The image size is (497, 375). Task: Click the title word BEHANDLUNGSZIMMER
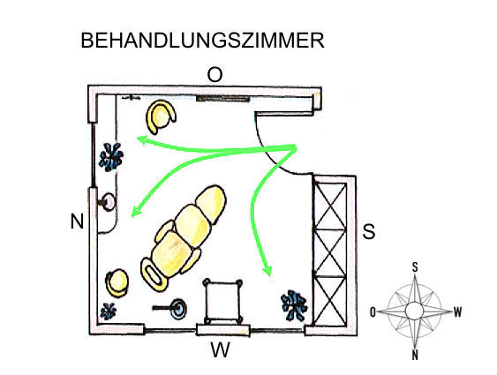(202, 41)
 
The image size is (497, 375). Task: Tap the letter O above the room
(215, 74)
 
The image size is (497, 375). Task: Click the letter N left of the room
(77, 221)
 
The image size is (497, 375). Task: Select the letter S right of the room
(369, 231)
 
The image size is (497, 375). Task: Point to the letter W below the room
(221, 349)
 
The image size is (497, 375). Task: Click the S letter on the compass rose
(415, 267)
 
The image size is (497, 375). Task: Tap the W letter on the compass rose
(457, 312)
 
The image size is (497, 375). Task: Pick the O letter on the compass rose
(373, 312)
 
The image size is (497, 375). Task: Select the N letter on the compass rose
(415, 355)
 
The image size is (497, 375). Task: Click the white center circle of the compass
(414, 311)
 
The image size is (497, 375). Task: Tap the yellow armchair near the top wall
(161, 116)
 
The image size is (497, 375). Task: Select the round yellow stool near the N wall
(117, 282)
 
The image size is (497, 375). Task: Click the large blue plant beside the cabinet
(294, 305)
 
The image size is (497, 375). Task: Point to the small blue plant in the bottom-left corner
(108, 311)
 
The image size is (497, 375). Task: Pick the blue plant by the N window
(110, 157)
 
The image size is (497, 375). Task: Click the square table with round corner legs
(222, 300)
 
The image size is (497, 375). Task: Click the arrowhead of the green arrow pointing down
(267, 271)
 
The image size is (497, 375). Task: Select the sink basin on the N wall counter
(108, 201)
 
